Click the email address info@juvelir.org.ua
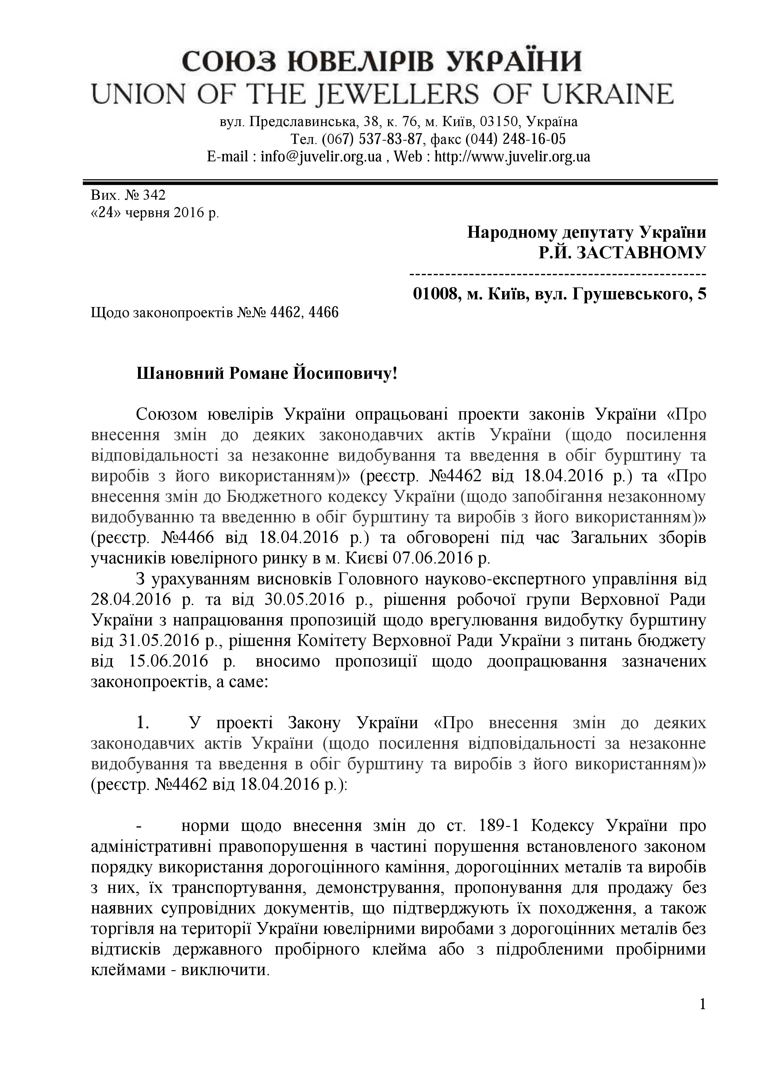point(321,156)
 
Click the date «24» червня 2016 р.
point(155,213)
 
